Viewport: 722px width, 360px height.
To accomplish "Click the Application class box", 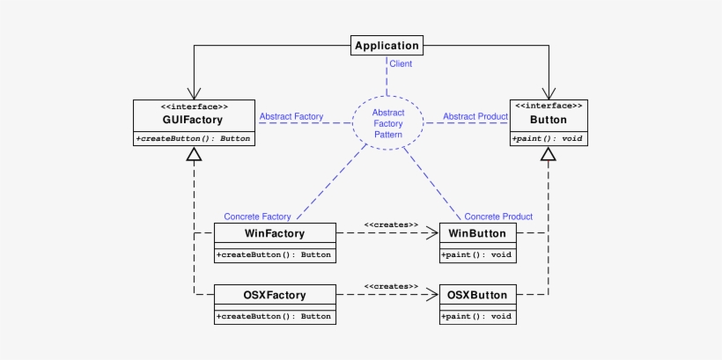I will click(386, 45).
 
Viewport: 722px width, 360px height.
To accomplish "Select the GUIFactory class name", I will click(193, 119).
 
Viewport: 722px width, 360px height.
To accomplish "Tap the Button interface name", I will click(548, 119).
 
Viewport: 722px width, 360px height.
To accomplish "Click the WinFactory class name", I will click(275, 233).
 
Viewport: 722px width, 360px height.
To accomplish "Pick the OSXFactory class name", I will click(275, 294).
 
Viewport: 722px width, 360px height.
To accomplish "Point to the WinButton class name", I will click(477, 233).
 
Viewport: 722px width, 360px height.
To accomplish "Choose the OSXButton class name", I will click(477, 294).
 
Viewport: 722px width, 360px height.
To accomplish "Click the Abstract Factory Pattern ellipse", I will click(388, 123).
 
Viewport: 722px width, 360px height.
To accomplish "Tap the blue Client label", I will click(401, 64).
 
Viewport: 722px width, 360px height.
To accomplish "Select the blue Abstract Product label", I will click(475, 116).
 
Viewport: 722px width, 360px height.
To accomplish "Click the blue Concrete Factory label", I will click(257, 217).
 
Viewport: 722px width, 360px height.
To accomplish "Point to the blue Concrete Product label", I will click(498, 217).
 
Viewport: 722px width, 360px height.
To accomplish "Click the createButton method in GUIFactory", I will click(193, 139).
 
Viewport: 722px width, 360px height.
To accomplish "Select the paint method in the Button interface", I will click(548, 139).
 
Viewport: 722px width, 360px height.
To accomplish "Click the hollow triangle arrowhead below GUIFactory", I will click(194, 156).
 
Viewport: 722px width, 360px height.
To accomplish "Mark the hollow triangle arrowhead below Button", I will click(549, 156).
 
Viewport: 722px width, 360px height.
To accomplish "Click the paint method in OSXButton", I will click(477, 316).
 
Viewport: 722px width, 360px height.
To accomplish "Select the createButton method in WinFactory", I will click(275, 255).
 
